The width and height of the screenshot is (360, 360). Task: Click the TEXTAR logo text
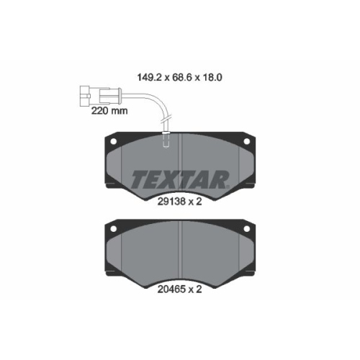click(180, 178)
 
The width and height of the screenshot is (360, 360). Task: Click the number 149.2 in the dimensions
click(150, 73)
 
